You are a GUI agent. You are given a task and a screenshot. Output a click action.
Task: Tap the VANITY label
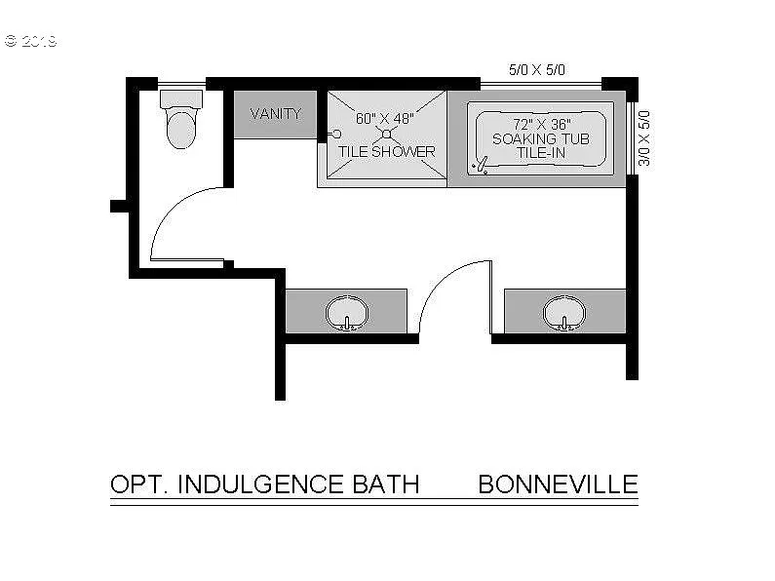click(275, 114)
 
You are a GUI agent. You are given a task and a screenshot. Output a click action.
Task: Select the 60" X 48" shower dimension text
click(384, 119)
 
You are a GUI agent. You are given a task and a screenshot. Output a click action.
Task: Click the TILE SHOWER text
click(386, 152)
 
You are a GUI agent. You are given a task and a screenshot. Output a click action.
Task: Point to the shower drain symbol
click(386, 135)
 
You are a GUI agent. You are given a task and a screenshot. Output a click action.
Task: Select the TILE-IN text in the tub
click(539, 153)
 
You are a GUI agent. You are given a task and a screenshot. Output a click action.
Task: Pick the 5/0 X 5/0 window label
click(537, 70)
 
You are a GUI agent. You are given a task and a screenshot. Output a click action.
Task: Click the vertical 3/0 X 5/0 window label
click(643, 137)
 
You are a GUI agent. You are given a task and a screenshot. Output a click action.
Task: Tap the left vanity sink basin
click(346, 312)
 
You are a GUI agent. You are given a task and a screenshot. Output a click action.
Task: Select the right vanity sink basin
click(563, 312)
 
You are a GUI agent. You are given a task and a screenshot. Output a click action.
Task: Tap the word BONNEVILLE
click(558, 484)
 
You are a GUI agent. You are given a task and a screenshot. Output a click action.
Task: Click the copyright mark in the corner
click(11, 42)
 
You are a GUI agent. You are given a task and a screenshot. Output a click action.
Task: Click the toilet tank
click(181, 98)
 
